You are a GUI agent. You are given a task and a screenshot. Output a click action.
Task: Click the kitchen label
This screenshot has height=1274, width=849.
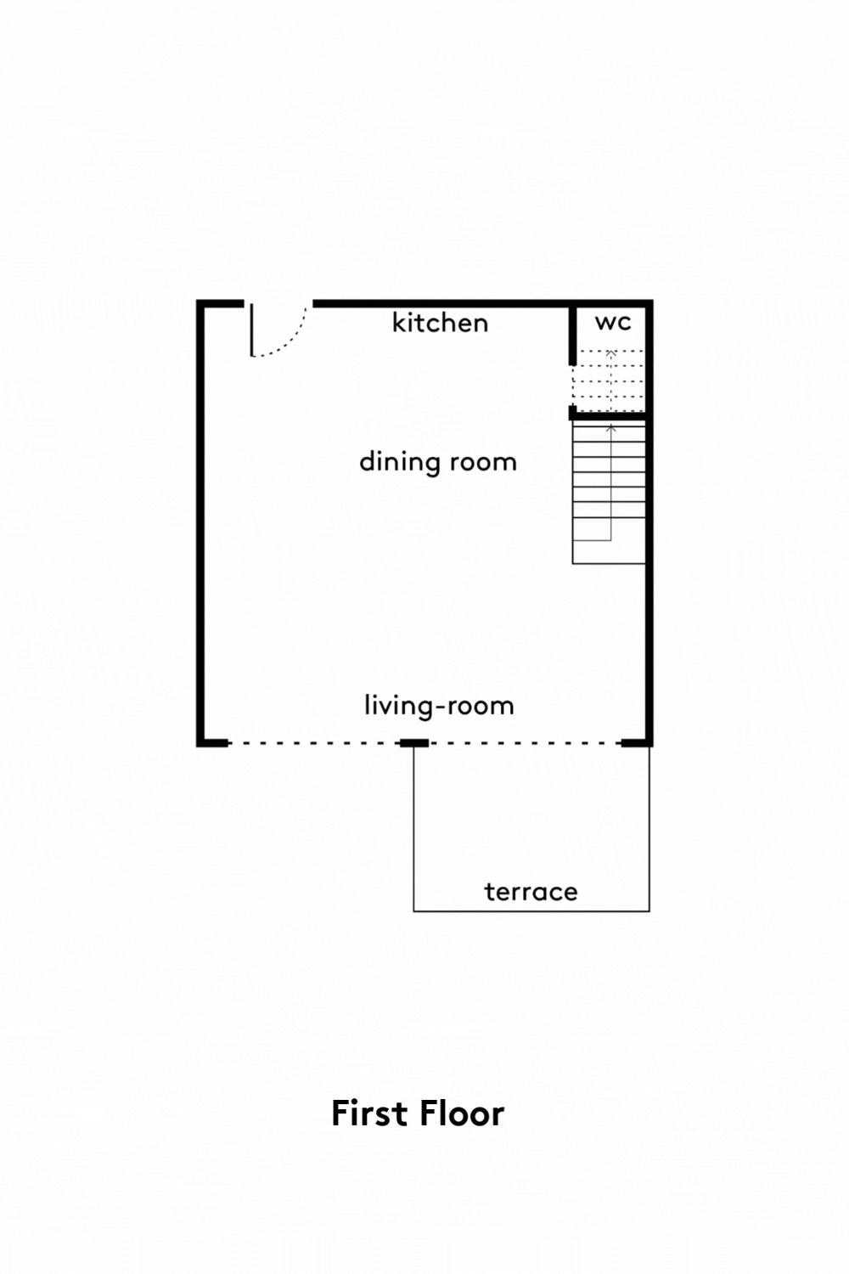click(x=440, y=323)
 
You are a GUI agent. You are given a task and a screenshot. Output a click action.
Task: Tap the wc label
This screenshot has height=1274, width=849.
click(x=613, y=322)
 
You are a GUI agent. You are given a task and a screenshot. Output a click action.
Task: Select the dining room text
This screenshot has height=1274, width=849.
click(x=438, y=461)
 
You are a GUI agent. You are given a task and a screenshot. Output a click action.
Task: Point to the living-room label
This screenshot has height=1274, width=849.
click(x=439, y=706)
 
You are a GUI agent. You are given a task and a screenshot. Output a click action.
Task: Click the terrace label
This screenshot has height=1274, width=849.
click(x=531, y=892)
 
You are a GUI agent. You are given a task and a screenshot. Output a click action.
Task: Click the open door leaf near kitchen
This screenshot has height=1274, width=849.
click(x=251, y=330)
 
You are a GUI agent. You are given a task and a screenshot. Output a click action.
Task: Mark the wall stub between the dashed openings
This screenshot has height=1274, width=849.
click(x=414, y=743)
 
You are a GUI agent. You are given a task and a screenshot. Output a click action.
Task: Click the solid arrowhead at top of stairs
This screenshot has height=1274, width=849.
click(x=610, y=427)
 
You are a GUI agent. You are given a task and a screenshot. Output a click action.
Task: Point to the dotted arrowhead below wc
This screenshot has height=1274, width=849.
click(x=610, y=353)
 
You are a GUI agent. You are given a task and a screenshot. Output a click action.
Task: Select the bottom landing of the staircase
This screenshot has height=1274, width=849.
click(x=609, y=552)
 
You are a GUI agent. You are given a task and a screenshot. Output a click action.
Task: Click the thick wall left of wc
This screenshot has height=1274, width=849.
click(x=572, y=335)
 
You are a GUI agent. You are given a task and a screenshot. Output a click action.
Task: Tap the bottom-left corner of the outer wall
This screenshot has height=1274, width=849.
click(x=200, y=743)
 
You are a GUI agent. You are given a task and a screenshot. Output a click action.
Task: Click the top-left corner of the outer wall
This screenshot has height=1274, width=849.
click(x=200, y=303)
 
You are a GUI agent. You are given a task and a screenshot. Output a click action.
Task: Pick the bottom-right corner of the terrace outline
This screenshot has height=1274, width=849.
click(x=649, y=911)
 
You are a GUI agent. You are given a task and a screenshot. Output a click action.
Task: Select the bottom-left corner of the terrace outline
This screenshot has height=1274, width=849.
click(x=413, y=911)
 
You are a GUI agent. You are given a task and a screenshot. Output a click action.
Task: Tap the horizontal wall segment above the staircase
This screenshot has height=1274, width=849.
click(x=609, y=416)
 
